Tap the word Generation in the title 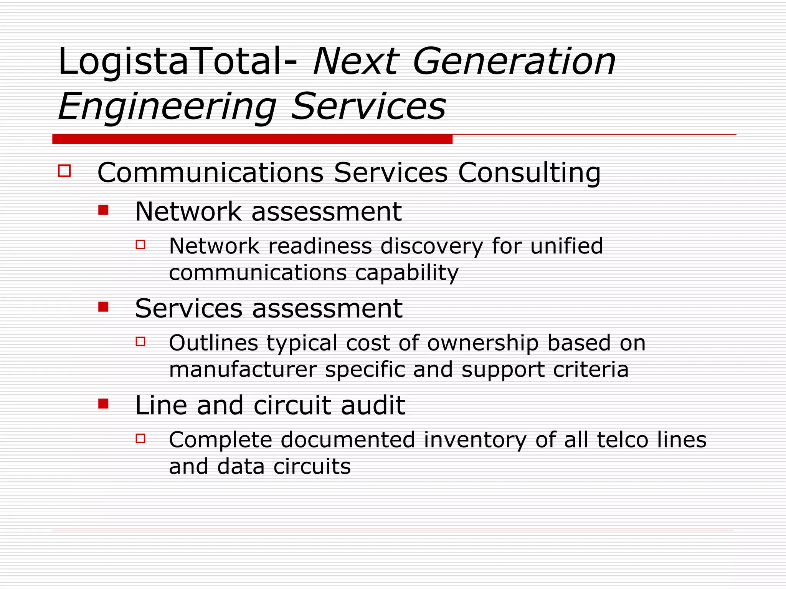click(x=514, y=62)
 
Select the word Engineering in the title click(x=167, y=107)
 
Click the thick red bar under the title click(x=252, y=139)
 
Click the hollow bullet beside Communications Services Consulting click(x=64, y=171)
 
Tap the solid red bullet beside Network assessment click(x=103, y=210)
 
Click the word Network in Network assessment click(x=188, y=212)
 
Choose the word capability click(x=406, y=273)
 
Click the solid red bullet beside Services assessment click(x=103, y=306)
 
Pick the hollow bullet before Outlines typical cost click(x=140, y=341)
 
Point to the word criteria click(x=591, y=370)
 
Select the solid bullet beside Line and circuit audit click(x=103, y=403)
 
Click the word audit click(x=373, y=405)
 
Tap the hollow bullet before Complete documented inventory click(x=140, y=438)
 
